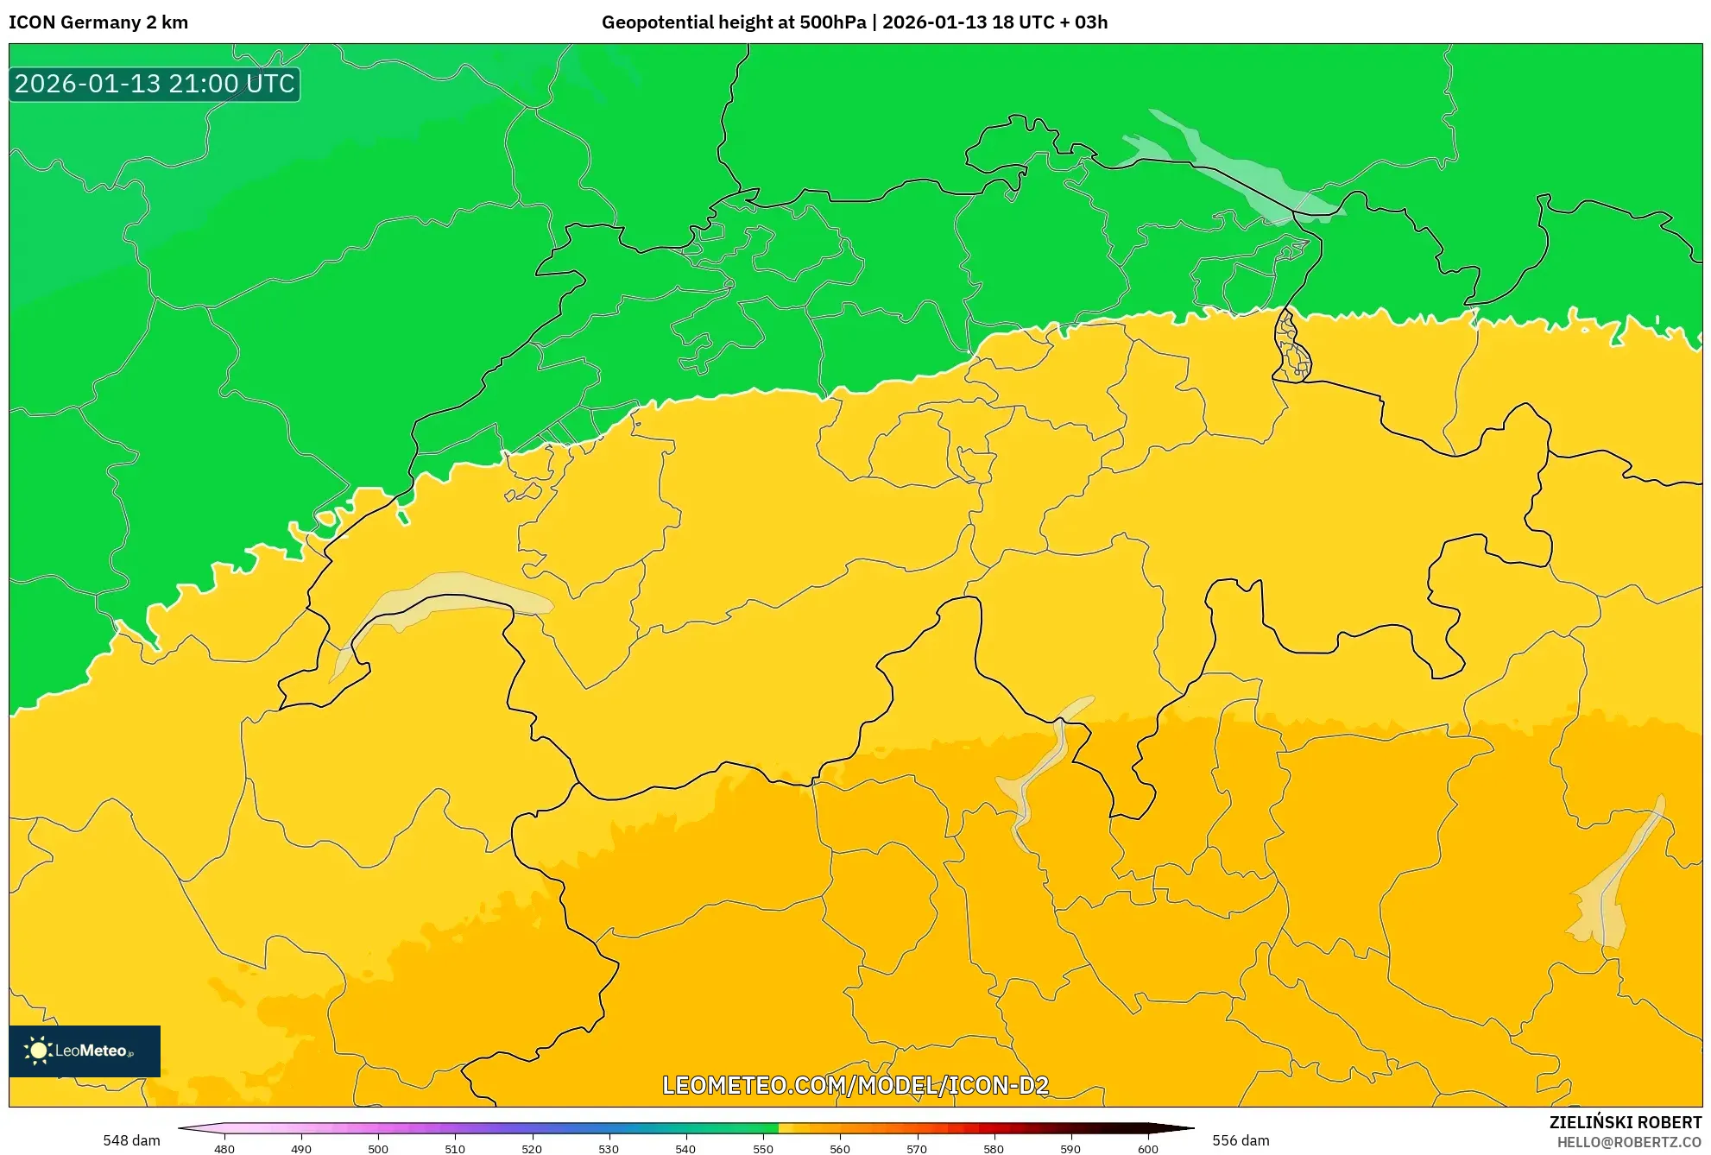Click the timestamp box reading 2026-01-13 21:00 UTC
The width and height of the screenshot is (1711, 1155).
(x=155, y=85)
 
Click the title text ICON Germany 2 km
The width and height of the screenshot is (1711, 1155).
(x=98, y=22)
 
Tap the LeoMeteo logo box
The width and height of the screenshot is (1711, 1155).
(x=85, y=1051)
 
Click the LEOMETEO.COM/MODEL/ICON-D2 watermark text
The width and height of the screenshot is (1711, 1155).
(x=855, y=1086)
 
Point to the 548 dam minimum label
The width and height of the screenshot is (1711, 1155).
(x=131, y=1140)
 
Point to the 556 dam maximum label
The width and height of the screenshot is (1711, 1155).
(x=1241, y=1140)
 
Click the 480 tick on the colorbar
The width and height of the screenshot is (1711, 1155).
(x=224, y=1148)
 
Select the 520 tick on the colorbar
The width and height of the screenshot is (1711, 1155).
(x=532, y=1148)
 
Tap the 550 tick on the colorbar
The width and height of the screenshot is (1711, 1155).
(x=763, y=1148)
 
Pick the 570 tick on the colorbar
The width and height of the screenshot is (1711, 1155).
(x=917, y=1148)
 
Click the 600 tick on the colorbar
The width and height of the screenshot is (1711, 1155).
(x=1147, y=1148)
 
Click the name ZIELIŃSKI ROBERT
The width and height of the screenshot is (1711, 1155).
(x=1626, y=1122)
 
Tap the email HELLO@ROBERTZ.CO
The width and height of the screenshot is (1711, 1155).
(x=1629, y=1142)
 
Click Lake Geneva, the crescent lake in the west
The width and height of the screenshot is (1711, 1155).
(x=449, y=596)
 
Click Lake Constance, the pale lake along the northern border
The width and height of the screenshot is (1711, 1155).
(x=1234, y=168)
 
